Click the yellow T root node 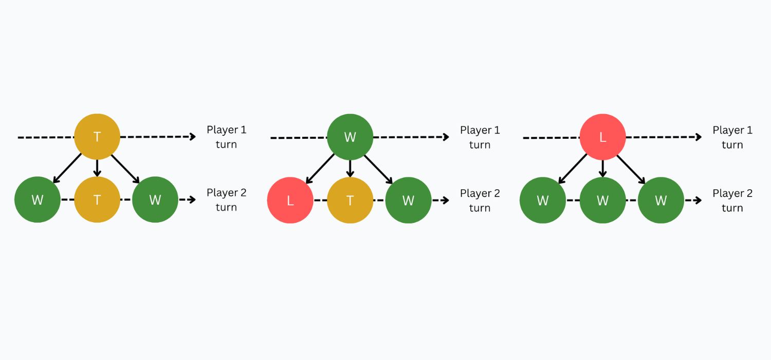[97, 137]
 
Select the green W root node [350, 137]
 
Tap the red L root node [603, 137]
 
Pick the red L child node [290, 200]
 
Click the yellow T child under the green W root [350, 200]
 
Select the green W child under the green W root [408, 200]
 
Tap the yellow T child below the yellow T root [97, 200]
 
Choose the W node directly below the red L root [603, 200]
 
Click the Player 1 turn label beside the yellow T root [226, 137]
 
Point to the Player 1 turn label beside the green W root [480, 137]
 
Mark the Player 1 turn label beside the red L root [732, 137]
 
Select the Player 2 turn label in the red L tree [732, 201]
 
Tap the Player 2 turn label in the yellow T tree [226, 200]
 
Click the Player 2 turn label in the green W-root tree [480, 201]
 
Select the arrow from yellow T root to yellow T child [97, 168]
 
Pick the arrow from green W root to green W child [379, 169]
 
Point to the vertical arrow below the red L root [603, 169]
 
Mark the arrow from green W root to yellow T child [350, 169]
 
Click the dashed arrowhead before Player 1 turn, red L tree [698, 137]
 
